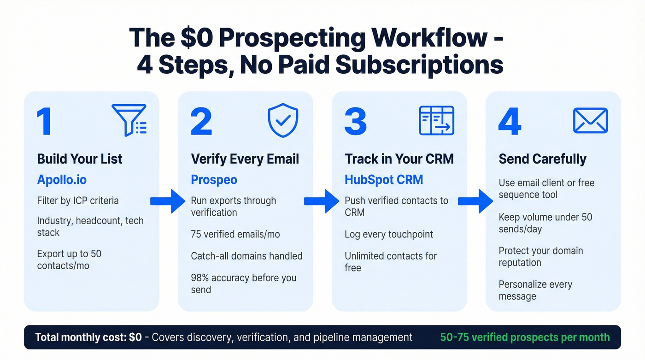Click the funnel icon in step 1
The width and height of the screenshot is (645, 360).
click(129, 120)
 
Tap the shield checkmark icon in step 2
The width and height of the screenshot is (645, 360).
click(283, 120)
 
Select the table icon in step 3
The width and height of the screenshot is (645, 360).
click(436, 120)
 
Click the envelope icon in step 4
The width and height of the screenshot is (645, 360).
click(590, 121)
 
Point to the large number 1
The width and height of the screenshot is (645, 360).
click(45, 122)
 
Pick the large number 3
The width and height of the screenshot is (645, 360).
click(355, 122)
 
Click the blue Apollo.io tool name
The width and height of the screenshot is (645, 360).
click(62, 179)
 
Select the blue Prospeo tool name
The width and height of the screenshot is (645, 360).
click(214, 179)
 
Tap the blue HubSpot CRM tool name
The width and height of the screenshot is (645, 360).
click(384, 179)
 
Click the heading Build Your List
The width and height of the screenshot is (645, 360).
click(80, 159)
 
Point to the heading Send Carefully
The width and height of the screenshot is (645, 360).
click(542, 159)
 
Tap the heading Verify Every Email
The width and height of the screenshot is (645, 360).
click(245, 159)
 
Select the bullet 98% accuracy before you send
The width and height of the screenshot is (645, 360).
click(243, 283)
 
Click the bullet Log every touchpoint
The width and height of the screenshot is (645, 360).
click(389, 234)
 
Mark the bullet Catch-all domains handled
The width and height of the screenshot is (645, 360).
click(246, 256)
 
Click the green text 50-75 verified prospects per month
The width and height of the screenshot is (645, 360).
click(525, 337)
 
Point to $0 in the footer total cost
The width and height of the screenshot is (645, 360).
click(135, 337)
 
